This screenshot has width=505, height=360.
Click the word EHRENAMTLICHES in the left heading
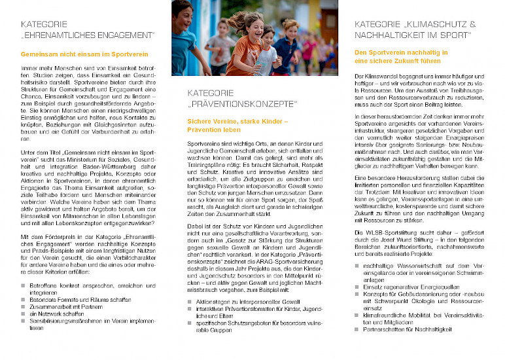[x=73, y=35]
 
